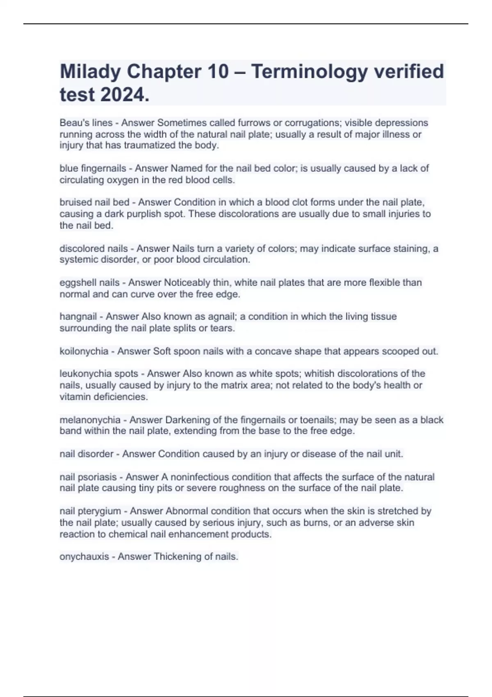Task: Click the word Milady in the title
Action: (x=90, y=72)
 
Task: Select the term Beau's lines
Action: (x=86, y=123)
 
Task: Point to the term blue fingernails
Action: (x=93, y=168)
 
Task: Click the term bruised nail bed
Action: (x=94, y=202)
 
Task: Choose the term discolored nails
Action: (x=93, y=248)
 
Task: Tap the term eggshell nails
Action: (x=89, y=282)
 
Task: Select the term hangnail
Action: (x=78, y=317)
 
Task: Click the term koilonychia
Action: (x=84, y=351)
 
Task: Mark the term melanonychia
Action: (x=90, y=420)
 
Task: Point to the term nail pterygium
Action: (x=90, y=511)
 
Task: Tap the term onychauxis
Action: (x=84, y=556)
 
